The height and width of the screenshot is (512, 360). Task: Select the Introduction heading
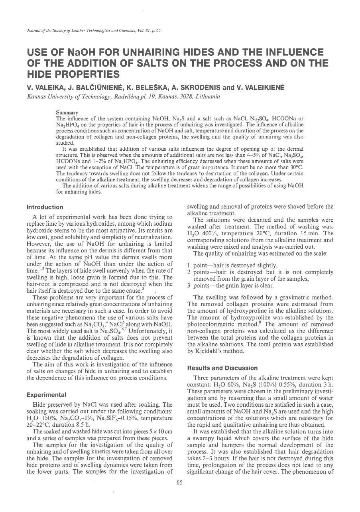point(45,207)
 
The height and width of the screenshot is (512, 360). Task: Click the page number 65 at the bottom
point(179,482)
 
